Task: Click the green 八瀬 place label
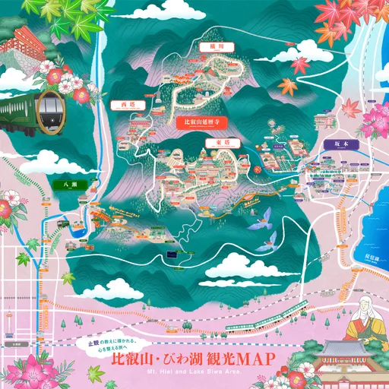(x=65, y=183)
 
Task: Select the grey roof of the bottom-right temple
(x=346, y=351)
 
